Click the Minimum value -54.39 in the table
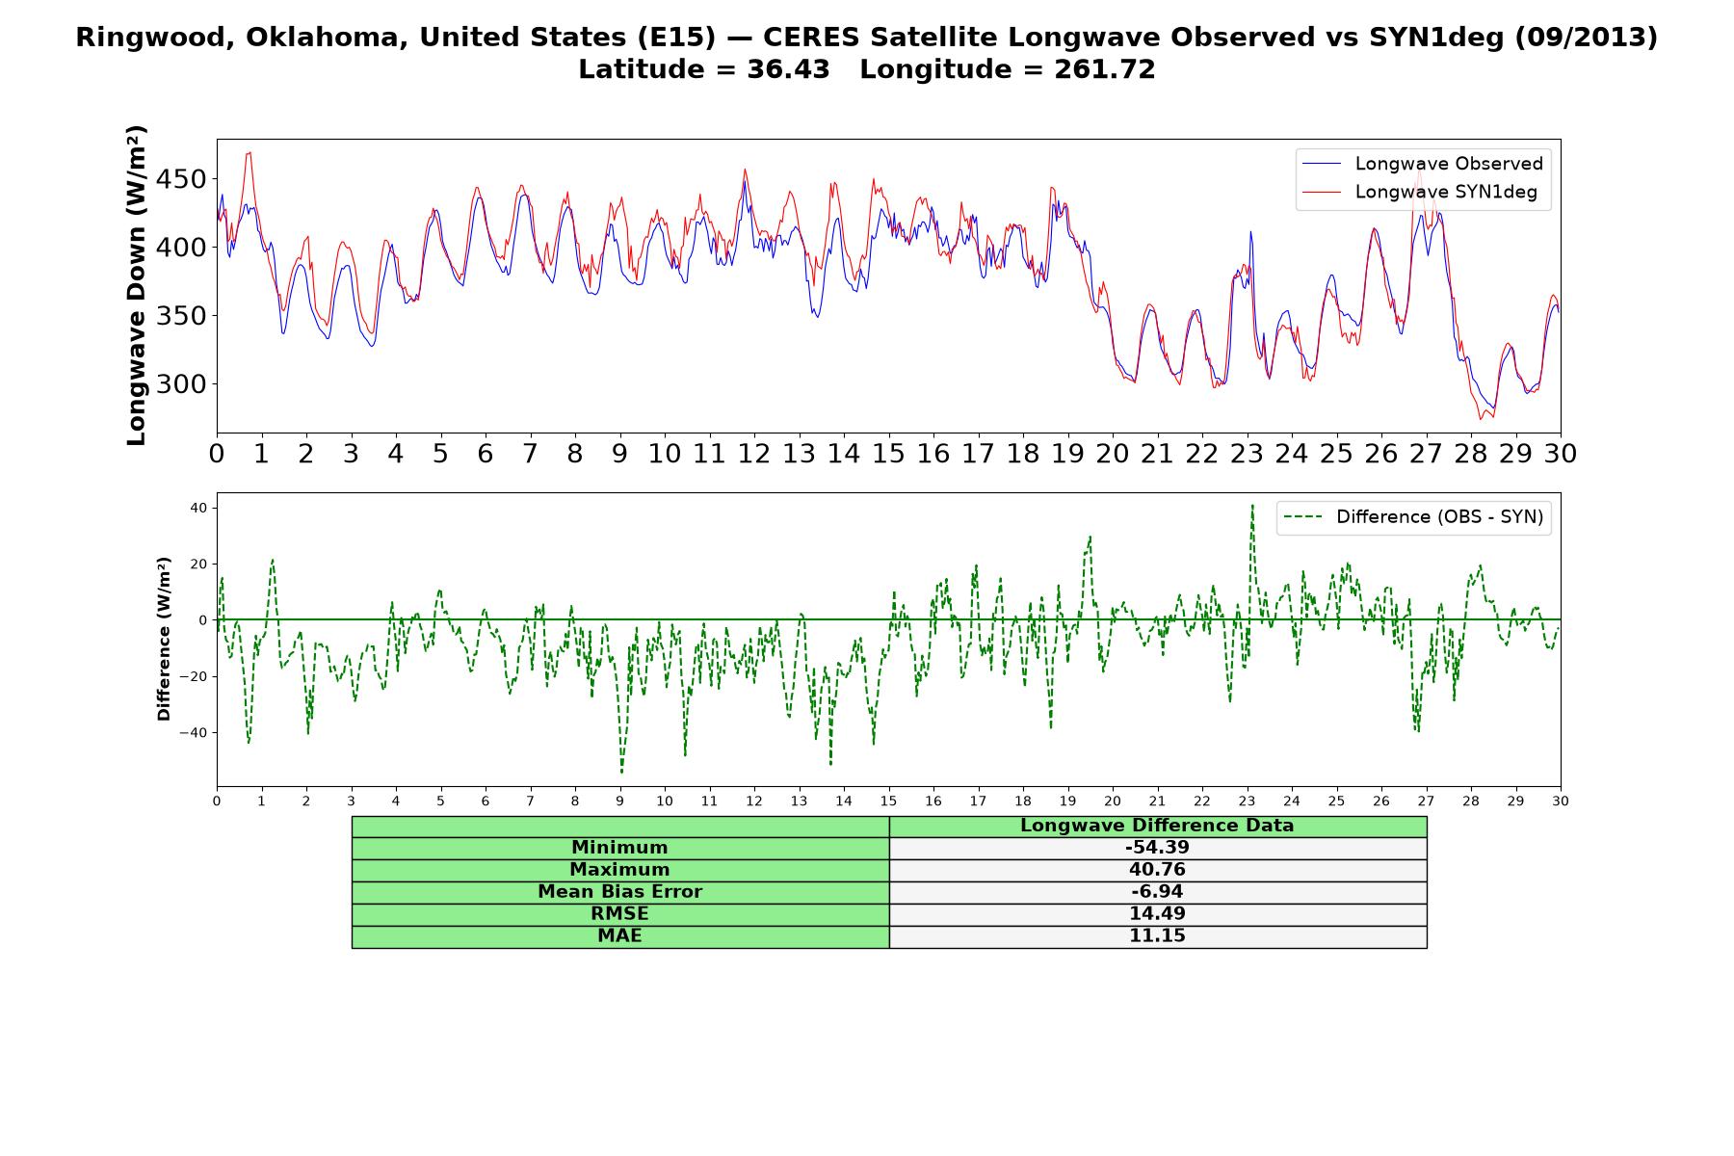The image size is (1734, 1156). [1157, 848]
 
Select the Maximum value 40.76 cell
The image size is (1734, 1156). [1157, 870]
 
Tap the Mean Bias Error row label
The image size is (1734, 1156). [619, 892]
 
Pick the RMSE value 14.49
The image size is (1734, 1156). [1157, 914]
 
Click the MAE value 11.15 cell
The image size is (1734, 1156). [1157, 936]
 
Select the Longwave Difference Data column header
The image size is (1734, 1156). [1157, 826]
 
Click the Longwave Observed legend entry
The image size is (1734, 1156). [1423, 164]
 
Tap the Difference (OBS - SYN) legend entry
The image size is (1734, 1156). [1414, 517]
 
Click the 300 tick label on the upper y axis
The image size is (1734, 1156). [183, 384]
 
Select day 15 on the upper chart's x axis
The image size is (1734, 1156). [888, 454]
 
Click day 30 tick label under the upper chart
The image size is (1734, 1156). [1561, 454]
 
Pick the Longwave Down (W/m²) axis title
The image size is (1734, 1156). [137, 285]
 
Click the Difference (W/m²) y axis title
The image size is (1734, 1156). [164, 639]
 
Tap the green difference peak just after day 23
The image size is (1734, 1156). [1252, 505]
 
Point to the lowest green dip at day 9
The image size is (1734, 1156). [621, 772]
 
